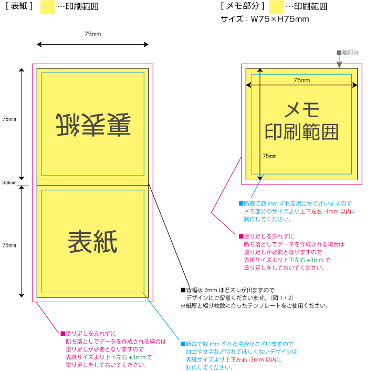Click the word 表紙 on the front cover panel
click(x=92, y=242)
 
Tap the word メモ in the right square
click(x=301, y=109)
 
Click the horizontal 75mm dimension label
click(x=301, y=80)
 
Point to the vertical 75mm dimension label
click(x=269, y=156)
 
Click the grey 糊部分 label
click(x=350, y=53)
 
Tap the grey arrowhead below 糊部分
click(x=339, y=65)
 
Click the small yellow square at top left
click(x=47, y=7)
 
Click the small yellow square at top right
click(x=276, y=7)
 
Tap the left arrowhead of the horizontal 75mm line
click(x=248, y=85)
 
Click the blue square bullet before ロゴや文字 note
click(x=182, y=344)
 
